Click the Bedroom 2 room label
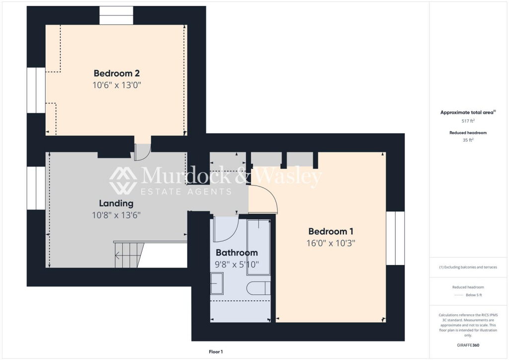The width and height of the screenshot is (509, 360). coord(117,74)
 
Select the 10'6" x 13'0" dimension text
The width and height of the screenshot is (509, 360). coord(117,85)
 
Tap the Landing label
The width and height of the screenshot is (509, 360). coord(116,203)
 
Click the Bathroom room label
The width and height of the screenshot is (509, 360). coord(237,253)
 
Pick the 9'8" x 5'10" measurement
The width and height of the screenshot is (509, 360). coord(237,265)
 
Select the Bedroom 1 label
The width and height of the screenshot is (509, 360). coord(331,231)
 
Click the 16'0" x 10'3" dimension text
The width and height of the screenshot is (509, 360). coord(331,243)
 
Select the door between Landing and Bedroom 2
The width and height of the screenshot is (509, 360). coord(142,152)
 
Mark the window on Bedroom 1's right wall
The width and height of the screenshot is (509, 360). coord(395,238)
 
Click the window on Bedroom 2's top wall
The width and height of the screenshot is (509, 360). coord(116,15)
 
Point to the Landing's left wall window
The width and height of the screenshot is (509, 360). coord(36,188)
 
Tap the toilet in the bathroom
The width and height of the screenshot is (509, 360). coord(258,288)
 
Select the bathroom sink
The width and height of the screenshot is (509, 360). coord(217,283)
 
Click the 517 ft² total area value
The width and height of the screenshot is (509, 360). coord(468,121)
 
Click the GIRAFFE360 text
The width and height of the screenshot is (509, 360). coord(468,345)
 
